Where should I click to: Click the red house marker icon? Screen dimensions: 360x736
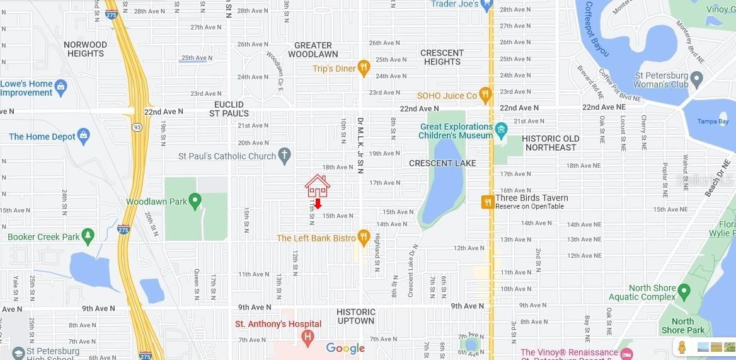pyautogui.click(x=318, y=186)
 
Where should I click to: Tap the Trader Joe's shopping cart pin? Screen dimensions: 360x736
pyautogui.click(x=485, y=5)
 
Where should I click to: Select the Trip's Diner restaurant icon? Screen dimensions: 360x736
pyautogui.click(x=364, y=67)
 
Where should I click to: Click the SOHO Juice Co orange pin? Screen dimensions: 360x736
pyautogui.click(x=485, y=95)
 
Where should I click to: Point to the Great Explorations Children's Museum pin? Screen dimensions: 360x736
pyautogui.click(x=501, y=130)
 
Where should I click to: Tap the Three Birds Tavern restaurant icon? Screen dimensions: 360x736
pyautogui.click(x=487, y=202)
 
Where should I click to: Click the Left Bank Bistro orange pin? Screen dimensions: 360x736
pyautogui.click(x=363, y=237)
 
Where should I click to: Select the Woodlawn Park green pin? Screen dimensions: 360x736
pyautogui.click(x=195, y=201)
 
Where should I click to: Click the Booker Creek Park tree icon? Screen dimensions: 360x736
pyautogui.click(x=88, y=236)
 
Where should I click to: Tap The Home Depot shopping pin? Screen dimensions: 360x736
pyautogui.click(x=83, y=136)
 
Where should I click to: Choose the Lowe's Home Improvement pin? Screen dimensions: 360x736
pyautogui.click(x=61, y=87)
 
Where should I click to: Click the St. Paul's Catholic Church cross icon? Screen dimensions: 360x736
pyautogui.click(x=284, y=155)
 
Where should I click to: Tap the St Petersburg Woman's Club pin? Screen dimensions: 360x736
pyautogui.click(x=696, y=80)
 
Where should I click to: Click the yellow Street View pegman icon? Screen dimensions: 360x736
pyautogui.click(x=682, y=347)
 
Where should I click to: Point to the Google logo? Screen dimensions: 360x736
pyautogui.click(x=345, y=349)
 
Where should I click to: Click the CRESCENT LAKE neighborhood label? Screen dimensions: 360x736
pyautogui.click(x=442, y=163)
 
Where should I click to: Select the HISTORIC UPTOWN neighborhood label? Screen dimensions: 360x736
pyautogui.click(x=355, y=316)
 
